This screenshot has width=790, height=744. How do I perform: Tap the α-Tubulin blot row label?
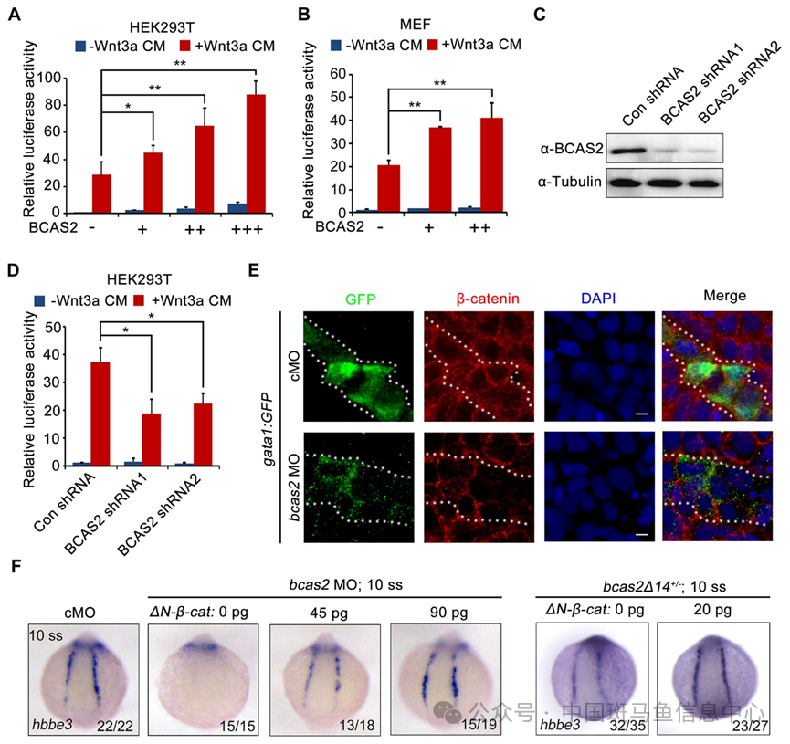(569, 181)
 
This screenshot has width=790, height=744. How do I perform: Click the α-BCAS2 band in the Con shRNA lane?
(637, 147)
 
